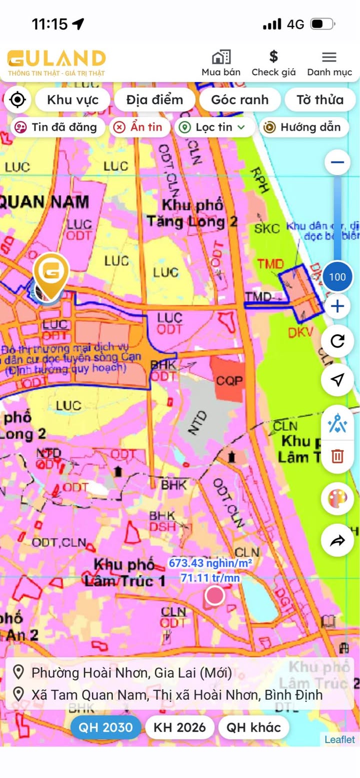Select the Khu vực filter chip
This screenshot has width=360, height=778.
tap(72, 99)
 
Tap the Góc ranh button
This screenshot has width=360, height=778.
tap(239, 99)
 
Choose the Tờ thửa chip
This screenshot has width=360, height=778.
tap(320, 99)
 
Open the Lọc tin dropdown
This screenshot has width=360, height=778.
tap(214, 127)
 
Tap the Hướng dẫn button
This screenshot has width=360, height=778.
tap(304, 127)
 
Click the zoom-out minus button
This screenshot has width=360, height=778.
tap(337, 162)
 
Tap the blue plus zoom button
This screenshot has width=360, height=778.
tap(337, 306)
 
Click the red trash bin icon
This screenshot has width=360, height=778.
tap(337, 456)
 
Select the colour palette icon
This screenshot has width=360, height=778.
tap(337, 498)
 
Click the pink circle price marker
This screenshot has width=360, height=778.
tap(215, 596)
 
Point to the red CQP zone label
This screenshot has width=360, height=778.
tap(229, 381)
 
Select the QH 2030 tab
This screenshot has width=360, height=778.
tap(106, 727)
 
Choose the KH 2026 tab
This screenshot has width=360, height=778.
tap(179, 727)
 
